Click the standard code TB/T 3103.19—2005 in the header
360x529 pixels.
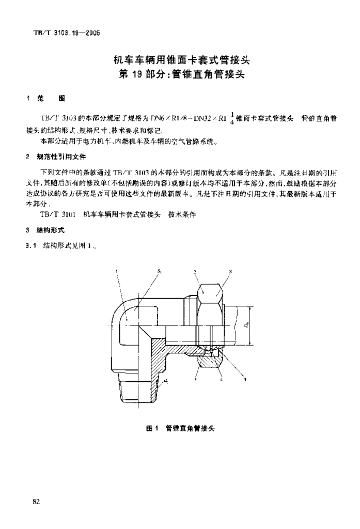tap(61, 33)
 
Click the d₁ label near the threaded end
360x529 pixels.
tap(166, 382)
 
